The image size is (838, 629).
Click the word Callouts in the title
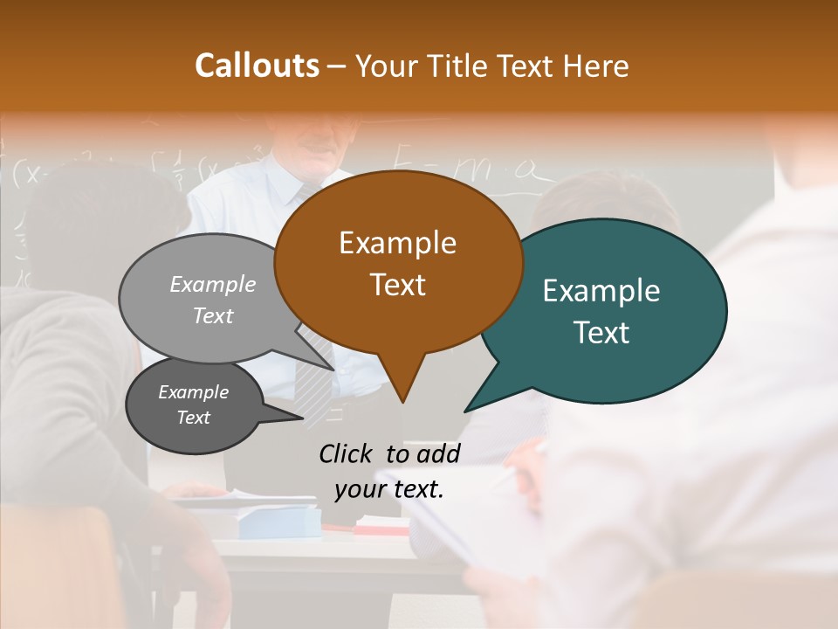pyautogui.click(x=257, y=66)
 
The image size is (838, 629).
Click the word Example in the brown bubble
pyautogui.click(x=397, y=243)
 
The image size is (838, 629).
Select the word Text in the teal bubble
pyautogui.click(x=601, y=333)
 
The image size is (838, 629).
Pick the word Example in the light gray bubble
pyautogui.click(x=213, y=285)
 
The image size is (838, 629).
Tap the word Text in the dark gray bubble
pyautogui.click(x=193, y=418)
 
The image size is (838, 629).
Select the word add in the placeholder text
pyautogui.click(x=437, y=453)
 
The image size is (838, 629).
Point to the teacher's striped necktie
pyautogui.click(x=314, y=367)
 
